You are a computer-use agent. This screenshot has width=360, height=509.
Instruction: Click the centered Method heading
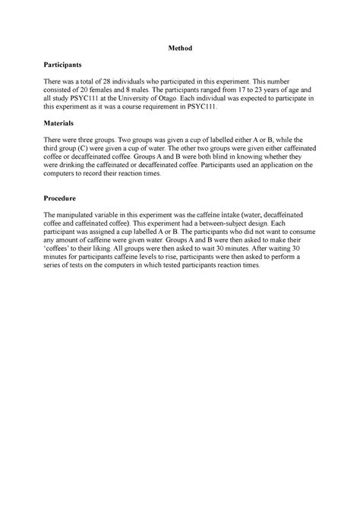180,49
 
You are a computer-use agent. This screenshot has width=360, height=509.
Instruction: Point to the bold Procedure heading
61,195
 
